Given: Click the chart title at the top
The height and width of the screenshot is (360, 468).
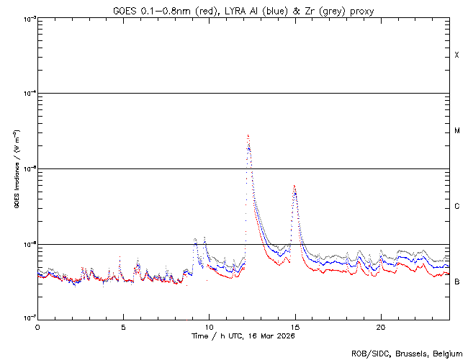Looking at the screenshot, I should (243, 11).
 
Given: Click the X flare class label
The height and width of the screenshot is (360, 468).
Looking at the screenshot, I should (457, 55).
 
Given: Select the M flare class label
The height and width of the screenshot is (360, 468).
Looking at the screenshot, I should (457, 131).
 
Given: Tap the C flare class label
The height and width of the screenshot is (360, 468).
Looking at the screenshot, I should (457, 207).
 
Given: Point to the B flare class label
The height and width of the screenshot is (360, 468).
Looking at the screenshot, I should (457, 282).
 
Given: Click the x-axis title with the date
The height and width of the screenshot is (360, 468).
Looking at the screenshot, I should (243, 336).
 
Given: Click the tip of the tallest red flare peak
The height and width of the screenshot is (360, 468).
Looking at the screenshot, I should (248, 135).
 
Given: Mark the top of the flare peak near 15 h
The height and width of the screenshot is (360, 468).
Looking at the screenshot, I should (294, 186).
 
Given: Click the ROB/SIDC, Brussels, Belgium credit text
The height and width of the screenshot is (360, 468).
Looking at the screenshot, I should (407, 354).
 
